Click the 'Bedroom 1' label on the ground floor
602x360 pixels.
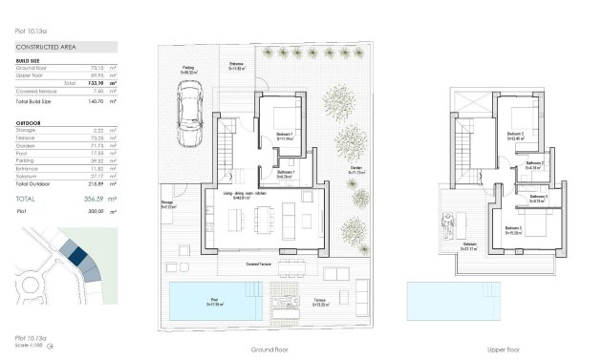(285, 135)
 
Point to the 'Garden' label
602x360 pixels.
(355, 168)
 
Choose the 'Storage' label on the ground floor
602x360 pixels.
(166, 202)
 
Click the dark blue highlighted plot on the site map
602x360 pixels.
(73, 251)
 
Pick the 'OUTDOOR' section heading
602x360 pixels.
(29, 124)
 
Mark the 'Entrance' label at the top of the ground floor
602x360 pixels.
(236, 64)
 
